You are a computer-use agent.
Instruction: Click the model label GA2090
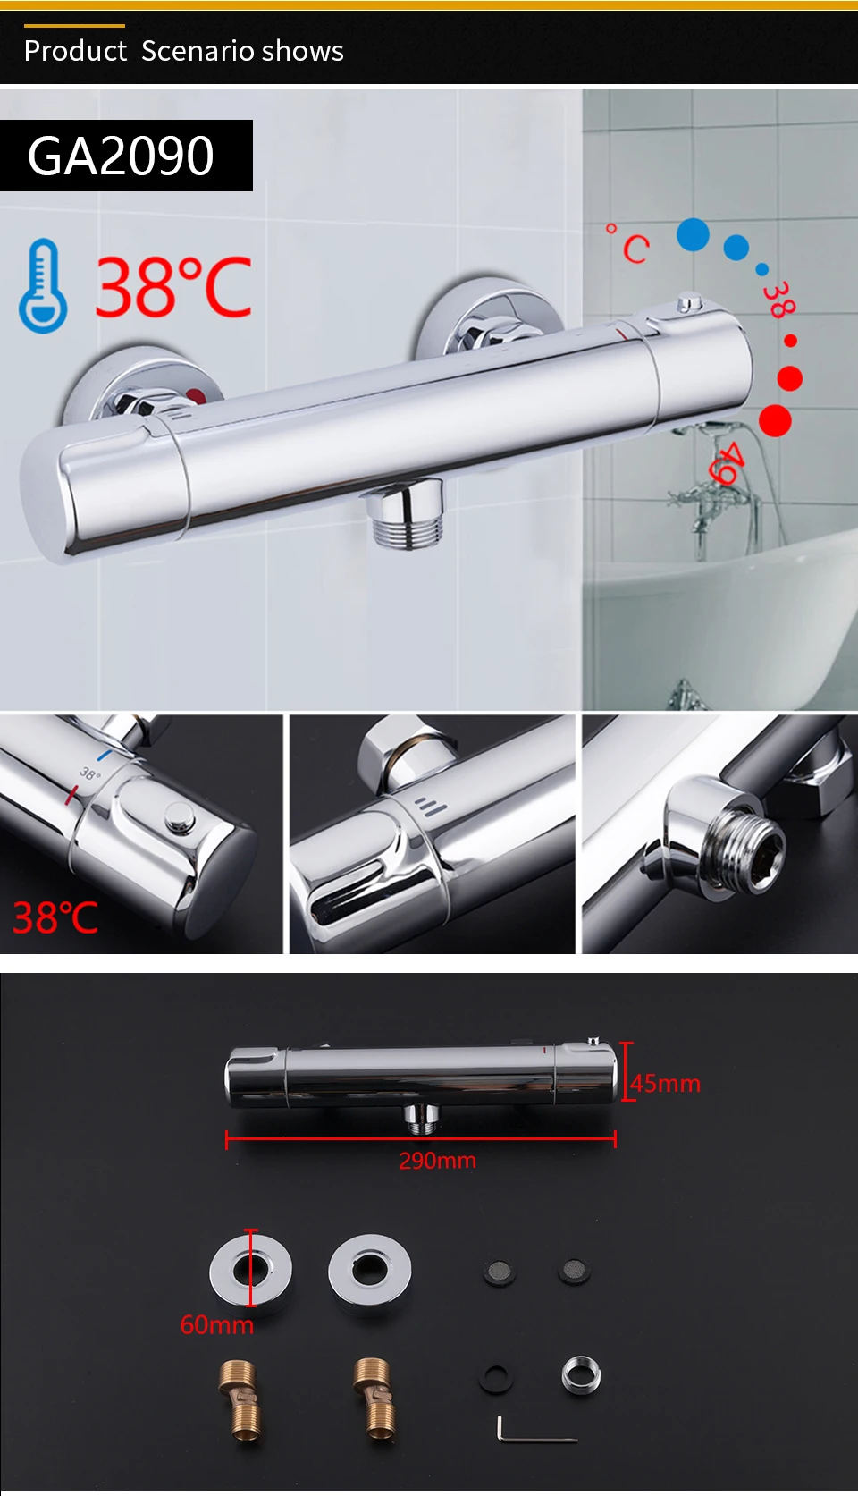tap(121, 156)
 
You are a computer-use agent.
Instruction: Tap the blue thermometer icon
tap(43, 286)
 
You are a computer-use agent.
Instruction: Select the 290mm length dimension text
tap(437, 1160)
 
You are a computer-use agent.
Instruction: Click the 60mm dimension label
tap(217, 1324)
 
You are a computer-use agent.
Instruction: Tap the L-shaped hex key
tap(534, 1430)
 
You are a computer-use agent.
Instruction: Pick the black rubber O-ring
tap(496, 1379)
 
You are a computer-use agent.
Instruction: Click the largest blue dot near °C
tap(693, 234)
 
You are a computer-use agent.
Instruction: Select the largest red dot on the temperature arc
tap(775, 421)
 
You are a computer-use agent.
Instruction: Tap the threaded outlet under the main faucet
tap(405, 513)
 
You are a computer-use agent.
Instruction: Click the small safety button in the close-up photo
tap(179, 817)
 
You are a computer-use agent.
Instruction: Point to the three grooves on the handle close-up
tap(431, 807)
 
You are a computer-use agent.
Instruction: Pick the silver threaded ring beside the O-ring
tap(581, 1376)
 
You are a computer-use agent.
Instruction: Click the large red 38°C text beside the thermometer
tap(173, 286)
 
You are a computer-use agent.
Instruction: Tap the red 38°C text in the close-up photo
tap(55, 917)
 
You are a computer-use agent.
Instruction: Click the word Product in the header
tap(75, 51)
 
